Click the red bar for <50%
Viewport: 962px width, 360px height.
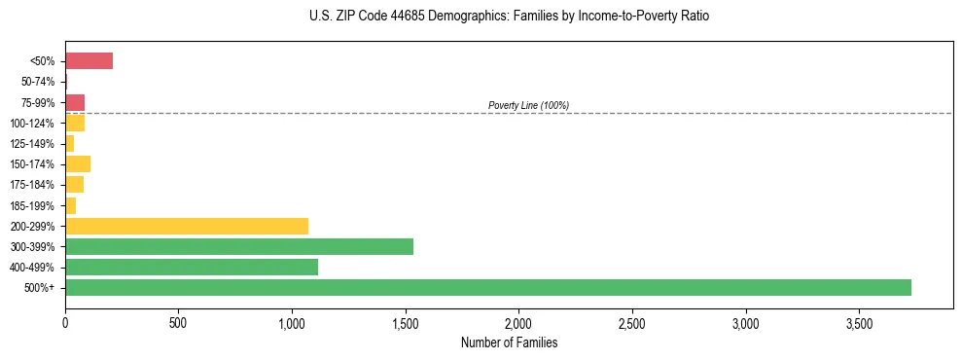[x=89, y=61]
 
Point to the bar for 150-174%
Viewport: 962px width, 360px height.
[x=78, y=163]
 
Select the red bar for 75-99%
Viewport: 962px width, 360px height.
[x=75, y=102]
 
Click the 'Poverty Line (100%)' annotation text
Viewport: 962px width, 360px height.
[x=528, y=105]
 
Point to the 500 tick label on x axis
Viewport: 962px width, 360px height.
[x=178, y=322]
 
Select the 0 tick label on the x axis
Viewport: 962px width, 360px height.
[x=65, y=322]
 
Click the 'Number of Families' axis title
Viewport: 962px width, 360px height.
[x=508, y=342]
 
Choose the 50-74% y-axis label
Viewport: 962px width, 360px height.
[x=38, y=82]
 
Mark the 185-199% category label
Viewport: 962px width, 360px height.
[x=33, y=205]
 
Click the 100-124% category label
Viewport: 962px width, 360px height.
[x=33, y=123]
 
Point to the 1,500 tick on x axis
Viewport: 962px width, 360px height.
[x=406, y=322]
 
